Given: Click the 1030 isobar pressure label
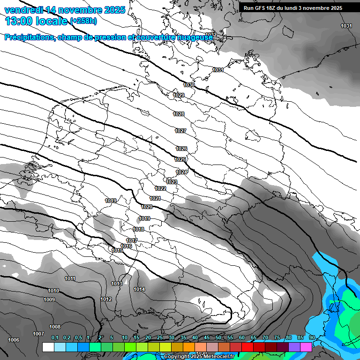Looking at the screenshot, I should (189, 85).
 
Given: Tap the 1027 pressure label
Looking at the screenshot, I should (180, 131).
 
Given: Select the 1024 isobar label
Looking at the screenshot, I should (182, 172).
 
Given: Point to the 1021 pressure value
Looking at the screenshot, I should (155, 198).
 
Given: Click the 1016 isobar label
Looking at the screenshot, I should (126, 246).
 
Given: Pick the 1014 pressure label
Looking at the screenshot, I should (139, 289).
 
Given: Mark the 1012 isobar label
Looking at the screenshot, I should (106, 299).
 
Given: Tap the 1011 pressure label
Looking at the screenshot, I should (70, 278).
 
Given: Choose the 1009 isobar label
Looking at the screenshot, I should (49, 300).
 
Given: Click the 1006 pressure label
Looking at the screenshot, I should (14, 340).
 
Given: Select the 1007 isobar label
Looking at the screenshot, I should (38, 334).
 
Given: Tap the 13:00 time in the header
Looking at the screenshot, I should (19, 21).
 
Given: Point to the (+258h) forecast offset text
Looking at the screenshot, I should (84, 21).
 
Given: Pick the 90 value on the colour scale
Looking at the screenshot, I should (312, 337).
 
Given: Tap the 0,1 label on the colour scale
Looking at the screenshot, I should (55, 337).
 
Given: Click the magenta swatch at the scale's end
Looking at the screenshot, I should (306, 347).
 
